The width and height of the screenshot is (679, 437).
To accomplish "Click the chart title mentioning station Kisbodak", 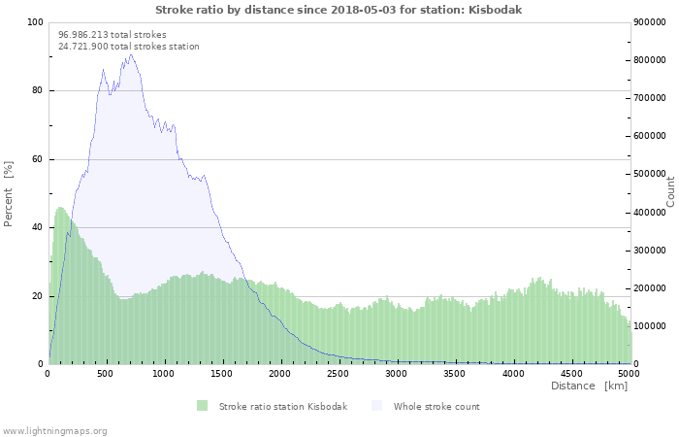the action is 339,10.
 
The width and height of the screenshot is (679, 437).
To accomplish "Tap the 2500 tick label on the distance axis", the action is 338,374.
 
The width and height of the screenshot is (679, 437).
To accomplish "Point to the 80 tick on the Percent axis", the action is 37,90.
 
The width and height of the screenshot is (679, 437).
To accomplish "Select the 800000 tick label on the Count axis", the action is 650,60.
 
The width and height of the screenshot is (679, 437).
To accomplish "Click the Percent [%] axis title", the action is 8,194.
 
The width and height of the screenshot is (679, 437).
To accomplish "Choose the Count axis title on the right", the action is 670,192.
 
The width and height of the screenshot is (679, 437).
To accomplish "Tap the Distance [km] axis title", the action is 589,386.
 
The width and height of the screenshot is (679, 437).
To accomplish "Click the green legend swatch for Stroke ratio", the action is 202,406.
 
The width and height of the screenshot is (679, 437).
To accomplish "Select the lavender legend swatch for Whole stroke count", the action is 377,406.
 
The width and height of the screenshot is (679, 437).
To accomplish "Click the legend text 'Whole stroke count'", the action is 436,406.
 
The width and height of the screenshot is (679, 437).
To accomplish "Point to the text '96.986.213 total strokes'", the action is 113,35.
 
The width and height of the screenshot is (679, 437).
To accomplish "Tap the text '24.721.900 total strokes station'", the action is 129,47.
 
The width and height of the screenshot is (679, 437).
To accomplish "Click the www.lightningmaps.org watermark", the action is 53,431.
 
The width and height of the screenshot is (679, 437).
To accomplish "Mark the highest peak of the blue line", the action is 131,54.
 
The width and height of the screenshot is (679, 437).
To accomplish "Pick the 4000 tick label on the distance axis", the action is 513,374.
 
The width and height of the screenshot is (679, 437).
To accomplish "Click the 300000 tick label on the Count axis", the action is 650,251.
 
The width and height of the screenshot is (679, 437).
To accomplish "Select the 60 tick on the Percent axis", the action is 37,159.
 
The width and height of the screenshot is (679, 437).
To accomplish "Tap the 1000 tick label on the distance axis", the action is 163,374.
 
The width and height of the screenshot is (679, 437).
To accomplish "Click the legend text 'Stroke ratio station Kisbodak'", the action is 283,406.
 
